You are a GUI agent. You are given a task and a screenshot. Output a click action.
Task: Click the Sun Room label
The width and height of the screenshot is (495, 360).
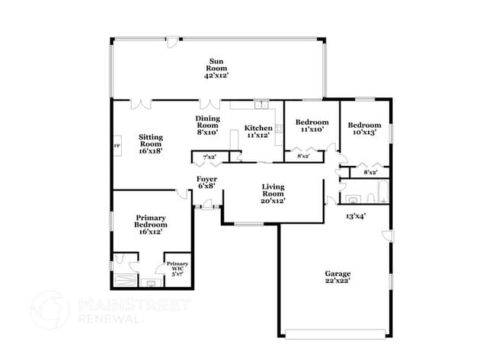pos(216,68)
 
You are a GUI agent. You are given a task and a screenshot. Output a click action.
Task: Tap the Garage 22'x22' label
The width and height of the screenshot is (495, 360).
pos(337,277)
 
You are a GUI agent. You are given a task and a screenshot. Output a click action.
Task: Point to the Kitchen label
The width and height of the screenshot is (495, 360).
pos(258,131)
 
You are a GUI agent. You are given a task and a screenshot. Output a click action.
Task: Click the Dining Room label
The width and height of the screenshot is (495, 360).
pos(207,125)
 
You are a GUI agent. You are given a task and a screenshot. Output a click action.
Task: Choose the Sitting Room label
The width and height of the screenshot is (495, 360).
pos(150,144)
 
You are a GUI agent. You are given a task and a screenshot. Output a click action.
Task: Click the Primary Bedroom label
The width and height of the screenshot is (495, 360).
pos(150,224)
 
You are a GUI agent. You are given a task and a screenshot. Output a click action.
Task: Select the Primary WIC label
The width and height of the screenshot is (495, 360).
pos(177,267)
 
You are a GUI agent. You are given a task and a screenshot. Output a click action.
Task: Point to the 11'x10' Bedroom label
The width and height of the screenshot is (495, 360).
pos(312,126)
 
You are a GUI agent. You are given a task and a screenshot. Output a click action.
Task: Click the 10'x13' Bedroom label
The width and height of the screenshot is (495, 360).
pos(363,129)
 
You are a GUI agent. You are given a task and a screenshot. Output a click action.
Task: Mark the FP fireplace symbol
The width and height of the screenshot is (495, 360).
pos(117,145)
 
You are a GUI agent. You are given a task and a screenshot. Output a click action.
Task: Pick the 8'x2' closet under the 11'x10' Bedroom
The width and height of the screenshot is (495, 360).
pos(302,156)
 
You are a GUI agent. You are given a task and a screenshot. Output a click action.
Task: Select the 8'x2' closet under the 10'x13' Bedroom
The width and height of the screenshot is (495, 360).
pos(371,173)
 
